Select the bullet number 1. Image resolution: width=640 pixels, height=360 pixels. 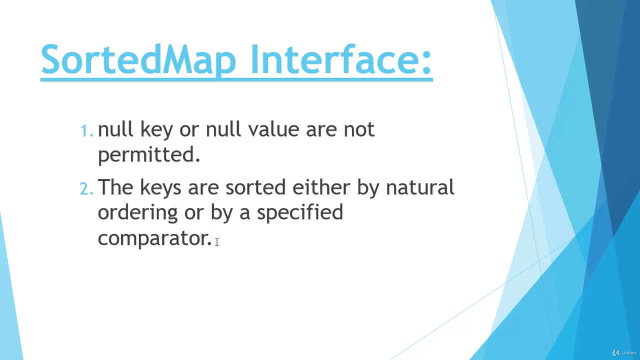(x=86, y=131)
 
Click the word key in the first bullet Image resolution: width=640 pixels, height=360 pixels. (x=156, y=130)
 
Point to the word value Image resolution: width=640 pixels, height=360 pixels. (x=273, y=129)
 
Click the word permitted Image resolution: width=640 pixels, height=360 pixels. (x=148, y=155)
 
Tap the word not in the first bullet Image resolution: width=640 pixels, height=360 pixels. (x=358, y=129)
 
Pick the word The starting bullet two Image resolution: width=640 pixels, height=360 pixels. (x=115, y=187)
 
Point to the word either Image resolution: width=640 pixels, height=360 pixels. (x=321, y=187)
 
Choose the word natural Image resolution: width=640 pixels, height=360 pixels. (x=419, y=187)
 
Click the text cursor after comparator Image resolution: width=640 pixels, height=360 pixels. (x=217, y=242)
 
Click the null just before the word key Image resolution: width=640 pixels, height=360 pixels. (x=115, y=129)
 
